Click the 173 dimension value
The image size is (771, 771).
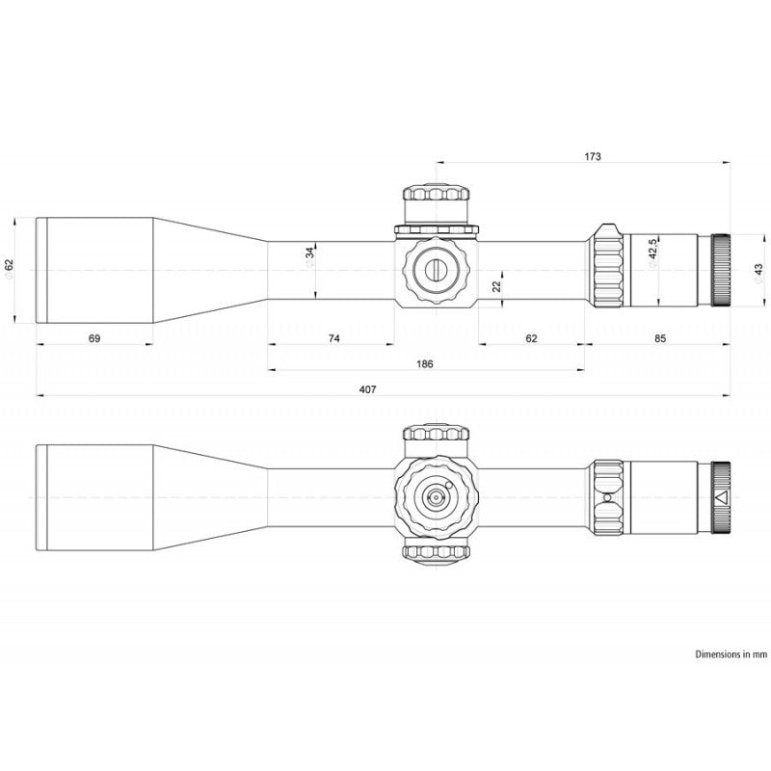click(593, 156)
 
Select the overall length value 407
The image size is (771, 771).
click(367, 389)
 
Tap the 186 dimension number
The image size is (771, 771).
click(425, 364)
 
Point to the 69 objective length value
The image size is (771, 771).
click(93, 338)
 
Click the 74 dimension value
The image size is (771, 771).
click(333, 338)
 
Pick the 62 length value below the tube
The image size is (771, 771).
click(532, 338)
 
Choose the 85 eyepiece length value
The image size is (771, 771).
click(660, 338)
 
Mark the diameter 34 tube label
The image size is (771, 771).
click(309, 256)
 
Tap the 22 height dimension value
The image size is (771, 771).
click(496, 285)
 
